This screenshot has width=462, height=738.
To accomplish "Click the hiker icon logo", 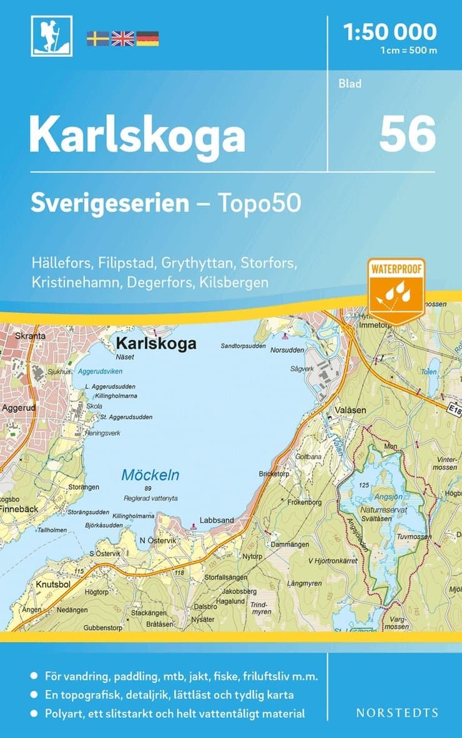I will click(51, 36).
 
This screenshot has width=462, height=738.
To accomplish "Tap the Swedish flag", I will click(97, 39).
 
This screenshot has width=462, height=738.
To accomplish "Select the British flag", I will click(122, 39).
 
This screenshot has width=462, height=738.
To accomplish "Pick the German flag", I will click(147, 39).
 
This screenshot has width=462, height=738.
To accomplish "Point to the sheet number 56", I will click(407, 134).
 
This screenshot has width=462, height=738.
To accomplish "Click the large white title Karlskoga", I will click(137, 135).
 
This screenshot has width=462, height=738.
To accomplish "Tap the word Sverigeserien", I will click(110, 203).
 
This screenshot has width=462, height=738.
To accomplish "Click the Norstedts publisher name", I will click(396, 712).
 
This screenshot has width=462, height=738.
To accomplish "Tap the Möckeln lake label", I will click(150, 475).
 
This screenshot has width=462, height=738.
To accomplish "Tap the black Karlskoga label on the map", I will click(156, 344).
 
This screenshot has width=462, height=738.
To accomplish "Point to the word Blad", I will click(350, 84).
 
